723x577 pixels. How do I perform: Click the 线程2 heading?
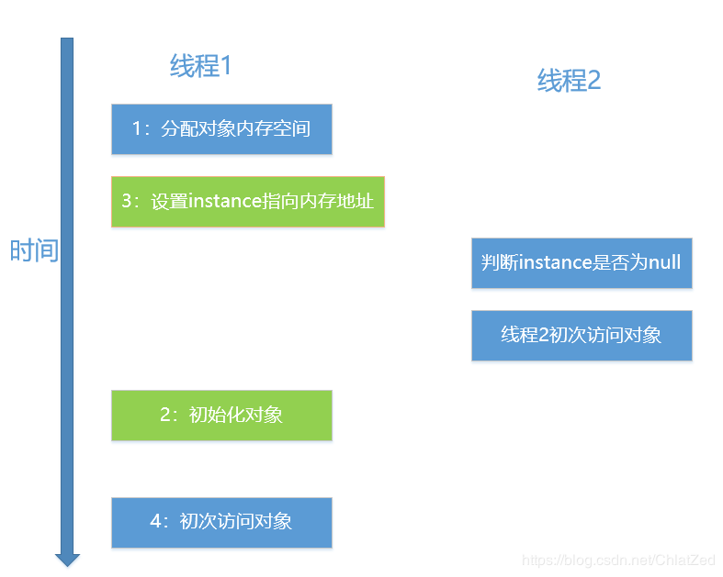pyautogui.click(x=569, y=81)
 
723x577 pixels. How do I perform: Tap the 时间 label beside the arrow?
pyautogui.click(x=34, y=250)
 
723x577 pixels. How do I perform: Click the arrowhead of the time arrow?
pyautogui.click(x=67, y=559)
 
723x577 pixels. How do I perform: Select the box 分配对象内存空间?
pyautogui.click(x=221, y=128)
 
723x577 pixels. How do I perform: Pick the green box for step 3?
pyautogui.click(x=247, y=201)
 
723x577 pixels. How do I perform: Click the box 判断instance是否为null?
pyautogui.click(x=581, y=262)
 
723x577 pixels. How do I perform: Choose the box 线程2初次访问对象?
pyautogui.click(x=581, y=335)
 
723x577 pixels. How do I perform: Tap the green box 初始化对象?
pyautogui.click(x=221, y=415)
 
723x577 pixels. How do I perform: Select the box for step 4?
pyautogui.click(x=221, y=522)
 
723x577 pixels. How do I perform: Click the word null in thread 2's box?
pyautogui.click(x=664, y=262)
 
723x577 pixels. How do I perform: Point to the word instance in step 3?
pyautogui.click(x=225, y=201)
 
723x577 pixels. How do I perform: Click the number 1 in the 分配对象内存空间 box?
pyautogui.click(x=137, y=128)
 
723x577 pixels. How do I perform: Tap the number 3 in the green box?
pyautogui.click(x=127, y=201)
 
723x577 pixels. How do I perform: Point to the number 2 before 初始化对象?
pyautogui.click(x=165, y=415)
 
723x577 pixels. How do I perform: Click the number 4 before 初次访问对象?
pyautogui.click(x=155, y=522)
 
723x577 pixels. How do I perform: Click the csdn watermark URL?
pyautogui.click(x=618, y=560)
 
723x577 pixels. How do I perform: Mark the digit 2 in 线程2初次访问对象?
pyautogui.click(x=544, y=335)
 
